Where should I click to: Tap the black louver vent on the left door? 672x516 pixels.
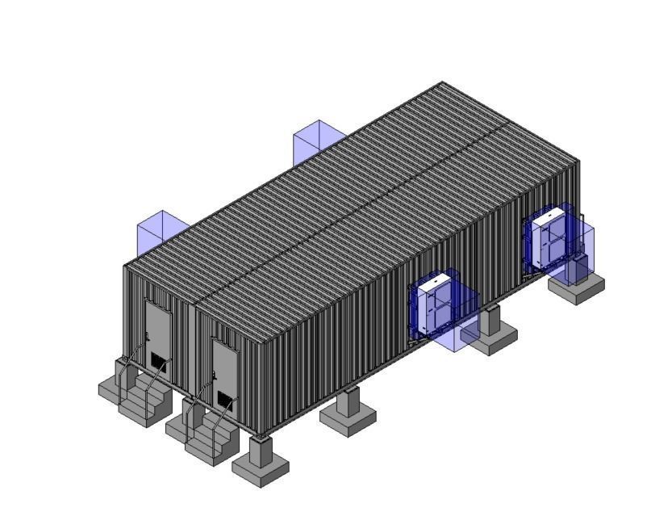click(158, 359)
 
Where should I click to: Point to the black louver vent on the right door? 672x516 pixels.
click(224, 400)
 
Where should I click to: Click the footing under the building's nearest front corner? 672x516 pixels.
click(261, 462)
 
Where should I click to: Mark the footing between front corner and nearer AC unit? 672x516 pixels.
click(348, 413)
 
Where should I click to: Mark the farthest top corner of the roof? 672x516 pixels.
click(441, 82)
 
